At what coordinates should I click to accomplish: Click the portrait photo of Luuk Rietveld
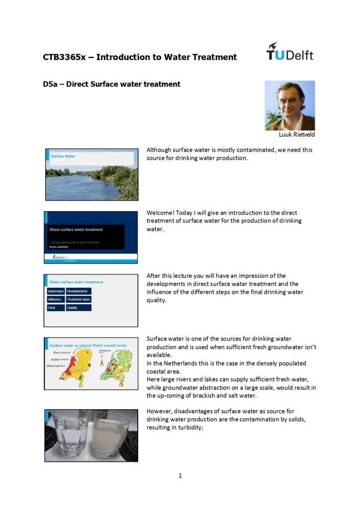tap(289, 105)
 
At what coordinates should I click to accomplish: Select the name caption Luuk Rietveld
tap(297, 134)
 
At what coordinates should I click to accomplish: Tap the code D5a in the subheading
tap(50, 84)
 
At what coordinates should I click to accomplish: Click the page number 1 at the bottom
tap(180, 476)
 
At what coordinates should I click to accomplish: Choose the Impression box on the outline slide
tap(56, 291)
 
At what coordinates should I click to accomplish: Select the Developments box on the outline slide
tap(78, 291)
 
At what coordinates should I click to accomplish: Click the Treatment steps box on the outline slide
tap(79, 300)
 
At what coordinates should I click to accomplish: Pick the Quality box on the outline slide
tap(78, 308)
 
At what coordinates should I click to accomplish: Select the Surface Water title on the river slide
tap(63, 156)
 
